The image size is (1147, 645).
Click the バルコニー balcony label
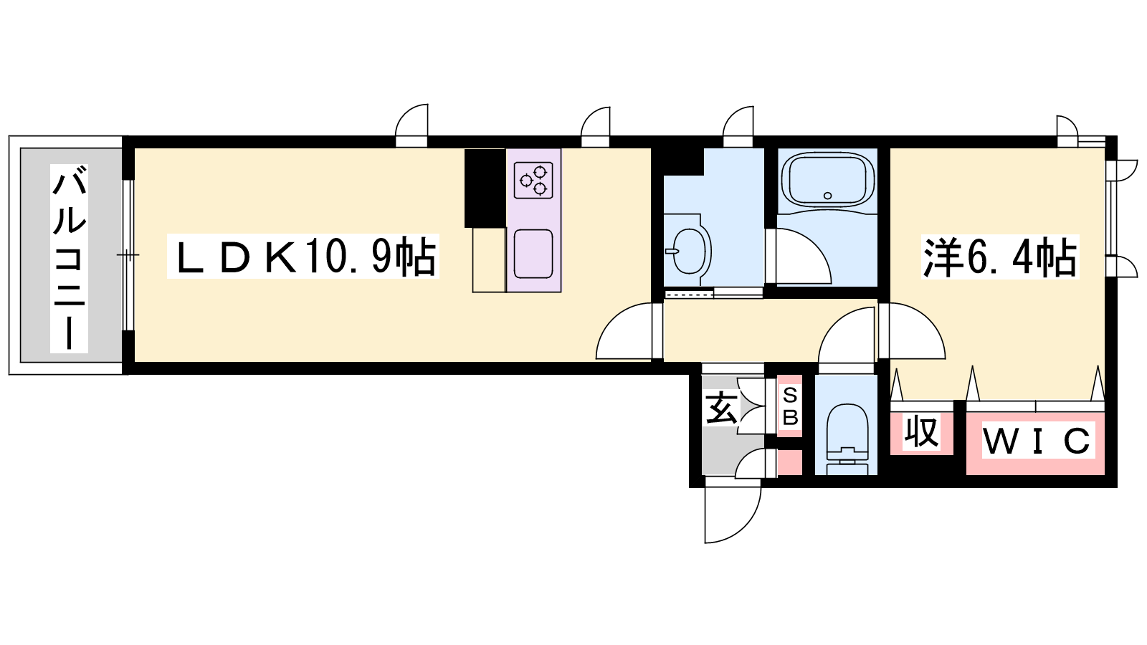click(x=69, y=259)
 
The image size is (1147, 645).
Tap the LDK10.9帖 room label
click(x=303, y=256)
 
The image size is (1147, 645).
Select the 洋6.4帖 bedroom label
click(x=1000, y=257)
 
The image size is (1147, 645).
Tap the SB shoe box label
click(x=790, y=406)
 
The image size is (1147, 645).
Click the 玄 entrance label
click(x=722, y=408)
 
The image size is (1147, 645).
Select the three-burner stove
click(x=533, y=180)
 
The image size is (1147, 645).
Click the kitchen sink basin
click(x=533, y=254)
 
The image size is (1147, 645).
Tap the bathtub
click(x=827, y=182)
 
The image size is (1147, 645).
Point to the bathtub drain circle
click(x=827, y=196)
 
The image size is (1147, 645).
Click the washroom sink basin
click(x=690, y=251)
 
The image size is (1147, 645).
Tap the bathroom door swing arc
click(x=802, y=256)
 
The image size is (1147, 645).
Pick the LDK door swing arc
click(x=624, y=330)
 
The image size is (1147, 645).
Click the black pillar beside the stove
click(x=485, y=188)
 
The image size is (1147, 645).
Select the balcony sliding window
click(x=128, y=255)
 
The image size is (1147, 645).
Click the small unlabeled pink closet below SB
click(x=789, y=463)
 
